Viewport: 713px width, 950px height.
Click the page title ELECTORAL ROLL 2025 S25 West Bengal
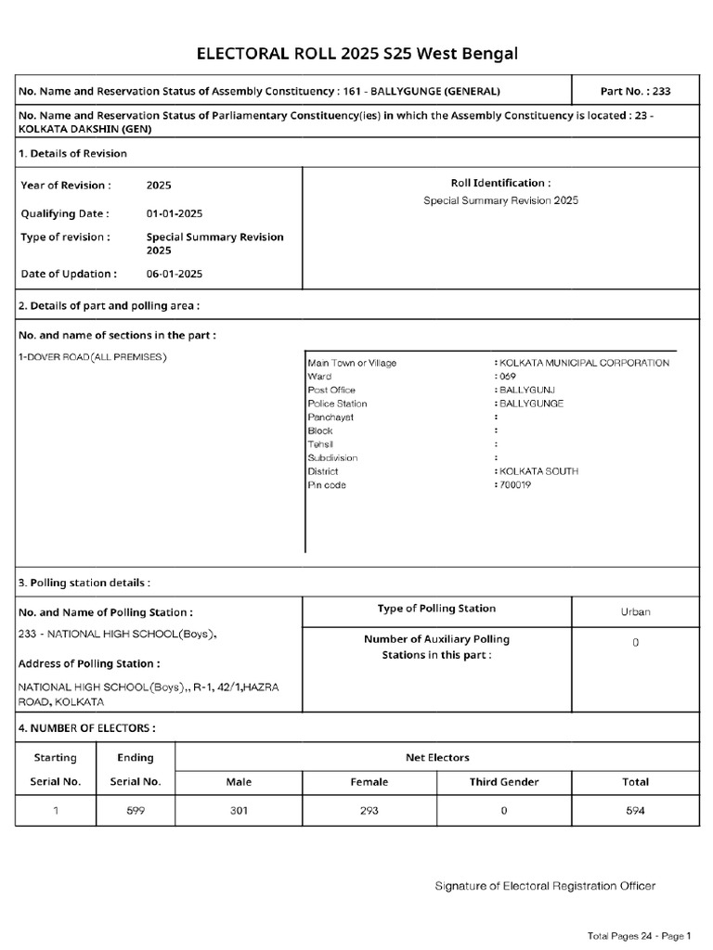click(356, 54)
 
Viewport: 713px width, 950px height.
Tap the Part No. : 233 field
click(635, 91)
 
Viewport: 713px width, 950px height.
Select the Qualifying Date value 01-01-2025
click(175, 213)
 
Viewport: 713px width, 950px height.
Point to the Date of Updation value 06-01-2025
click(175, 274)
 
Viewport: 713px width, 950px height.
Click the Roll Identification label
click(500, 184)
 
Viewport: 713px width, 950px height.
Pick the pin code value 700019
click(514, 485)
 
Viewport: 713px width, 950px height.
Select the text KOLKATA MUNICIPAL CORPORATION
click(583, 363)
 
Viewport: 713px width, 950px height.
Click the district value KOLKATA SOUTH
click(538, 471)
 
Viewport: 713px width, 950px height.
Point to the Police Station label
click(337, 404)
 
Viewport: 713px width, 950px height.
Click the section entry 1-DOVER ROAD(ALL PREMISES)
click(93, 357)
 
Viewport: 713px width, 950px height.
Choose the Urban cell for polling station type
click(635, 611)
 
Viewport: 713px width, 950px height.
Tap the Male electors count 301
click(239, 811)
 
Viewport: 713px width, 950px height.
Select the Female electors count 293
click(369, 811)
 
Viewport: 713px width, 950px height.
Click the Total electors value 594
click(635, 811)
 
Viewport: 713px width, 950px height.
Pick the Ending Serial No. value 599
click(136, 811)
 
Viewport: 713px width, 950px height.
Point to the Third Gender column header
click(503, 782)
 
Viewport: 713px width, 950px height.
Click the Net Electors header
click(437, 757)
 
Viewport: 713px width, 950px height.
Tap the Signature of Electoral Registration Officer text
click(545, 886)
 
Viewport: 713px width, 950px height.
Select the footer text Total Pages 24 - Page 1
click(640, 935)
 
